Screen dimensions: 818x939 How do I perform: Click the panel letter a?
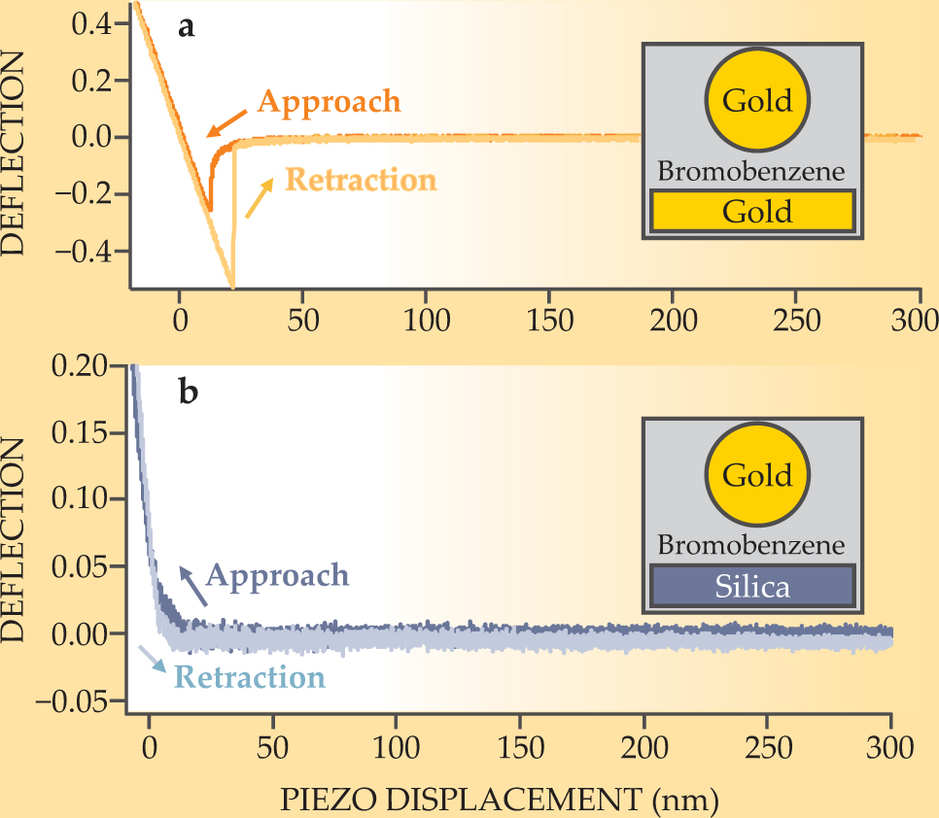(187, 26)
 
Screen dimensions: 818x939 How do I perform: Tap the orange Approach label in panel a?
(329, 102)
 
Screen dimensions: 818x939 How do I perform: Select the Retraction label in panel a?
(360, 181)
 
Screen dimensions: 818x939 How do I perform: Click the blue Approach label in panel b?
(278, 575)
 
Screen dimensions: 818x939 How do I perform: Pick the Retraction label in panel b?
(249, 676)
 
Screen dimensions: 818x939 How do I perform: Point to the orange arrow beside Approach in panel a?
(226, 120)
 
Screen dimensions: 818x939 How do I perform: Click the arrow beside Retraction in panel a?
(259, 198)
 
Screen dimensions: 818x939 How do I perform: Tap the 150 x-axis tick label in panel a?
(549, 319)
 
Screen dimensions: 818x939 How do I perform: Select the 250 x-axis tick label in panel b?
(767, 749)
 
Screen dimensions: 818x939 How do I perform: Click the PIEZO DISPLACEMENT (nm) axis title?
(500, 801)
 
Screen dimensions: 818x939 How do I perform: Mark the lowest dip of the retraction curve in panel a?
(231, 287)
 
